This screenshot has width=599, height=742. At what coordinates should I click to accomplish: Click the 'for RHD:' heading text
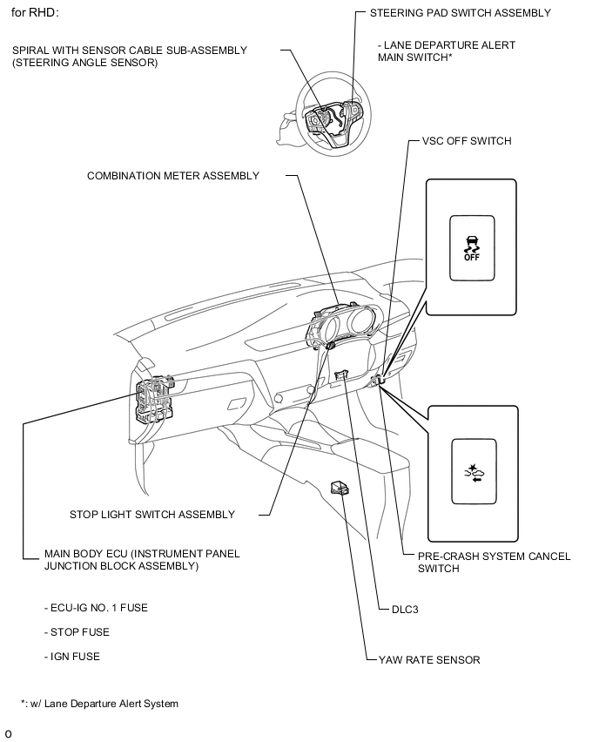tap(36, 14)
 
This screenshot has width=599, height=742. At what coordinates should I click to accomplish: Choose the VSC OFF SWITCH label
tap(466, 141)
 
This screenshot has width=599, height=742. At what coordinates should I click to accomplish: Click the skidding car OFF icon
tap(471, 247)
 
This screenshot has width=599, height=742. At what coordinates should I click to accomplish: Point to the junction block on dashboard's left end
tap(152, 400)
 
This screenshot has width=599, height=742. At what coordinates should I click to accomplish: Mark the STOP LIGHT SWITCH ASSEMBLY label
tap(151, 515)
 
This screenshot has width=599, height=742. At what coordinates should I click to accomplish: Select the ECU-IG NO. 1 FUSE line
tap(96, 608)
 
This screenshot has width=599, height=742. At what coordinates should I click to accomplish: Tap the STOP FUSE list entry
tap(77, 632)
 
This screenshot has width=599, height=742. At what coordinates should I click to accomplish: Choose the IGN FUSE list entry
tap(71, 657)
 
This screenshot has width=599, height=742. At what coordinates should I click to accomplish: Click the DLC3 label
tap(405, 610)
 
